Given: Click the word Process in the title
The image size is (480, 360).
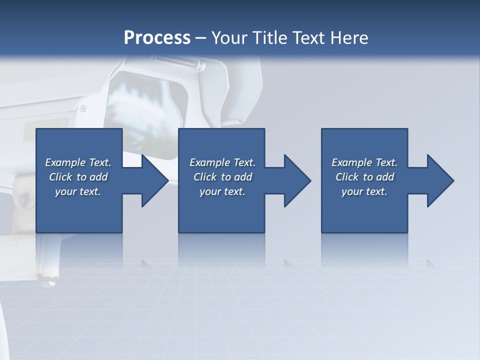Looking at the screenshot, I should [x=157, y=37].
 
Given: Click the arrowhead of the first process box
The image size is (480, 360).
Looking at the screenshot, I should [x=153, y=180].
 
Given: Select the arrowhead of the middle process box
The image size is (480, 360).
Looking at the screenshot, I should [x=296, y=180].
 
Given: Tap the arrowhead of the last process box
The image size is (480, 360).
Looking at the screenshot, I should [x=439, y=180].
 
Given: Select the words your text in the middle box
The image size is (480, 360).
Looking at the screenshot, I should [x=222, y=191].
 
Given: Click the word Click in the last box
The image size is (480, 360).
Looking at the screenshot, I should [x=347, y=177].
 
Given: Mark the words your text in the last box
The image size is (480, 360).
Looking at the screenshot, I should [x=364, y=191].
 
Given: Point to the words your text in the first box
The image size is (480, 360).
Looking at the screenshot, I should [x=78, y=191].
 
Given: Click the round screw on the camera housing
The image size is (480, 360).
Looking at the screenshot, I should [x=83, y=108].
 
